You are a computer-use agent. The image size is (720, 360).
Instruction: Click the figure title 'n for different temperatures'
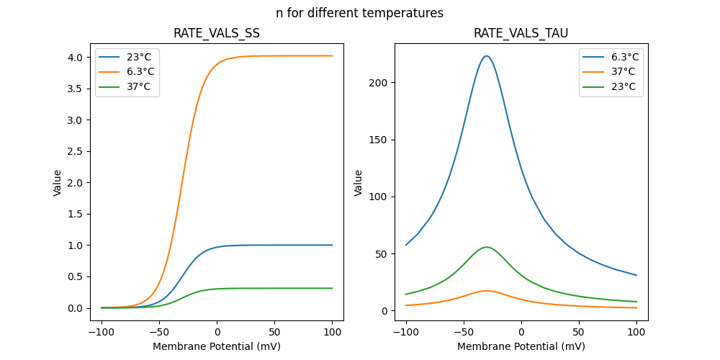click(359, 13)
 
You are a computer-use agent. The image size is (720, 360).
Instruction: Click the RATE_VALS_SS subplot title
click(216, 33)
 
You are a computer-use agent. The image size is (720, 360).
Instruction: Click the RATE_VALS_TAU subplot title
click(521, 33)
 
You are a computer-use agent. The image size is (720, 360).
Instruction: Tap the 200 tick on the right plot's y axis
click(379, 83)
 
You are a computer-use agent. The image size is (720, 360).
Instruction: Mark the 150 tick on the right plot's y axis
click(379, 140)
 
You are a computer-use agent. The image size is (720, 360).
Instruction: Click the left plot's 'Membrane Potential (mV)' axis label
click(216, 346)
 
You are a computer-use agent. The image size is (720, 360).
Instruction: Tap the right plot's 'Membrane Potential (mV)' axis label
click(521, 346)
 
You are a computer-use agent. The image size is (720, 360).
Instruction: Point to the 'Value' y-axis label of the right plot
click(359, 183)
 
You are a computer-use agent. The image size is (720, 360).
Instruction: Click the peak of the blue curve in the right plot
click(487, 56)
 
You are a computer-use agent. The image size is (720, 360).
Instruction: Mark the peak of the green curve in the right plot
click(487, 247)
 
